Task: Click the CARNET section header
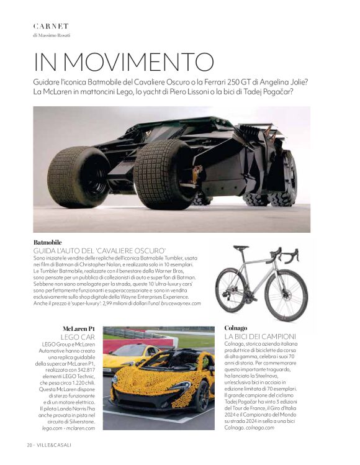(x=51, y=26)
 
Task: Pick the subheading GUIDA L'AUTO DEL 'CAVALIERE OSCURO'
(x=99, y=250)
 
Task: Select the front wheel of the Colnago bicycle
(x=286, y=295)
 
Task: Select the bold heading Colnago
(x=235, y=327)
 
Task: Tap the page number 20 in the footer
(x=29, y=445)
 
